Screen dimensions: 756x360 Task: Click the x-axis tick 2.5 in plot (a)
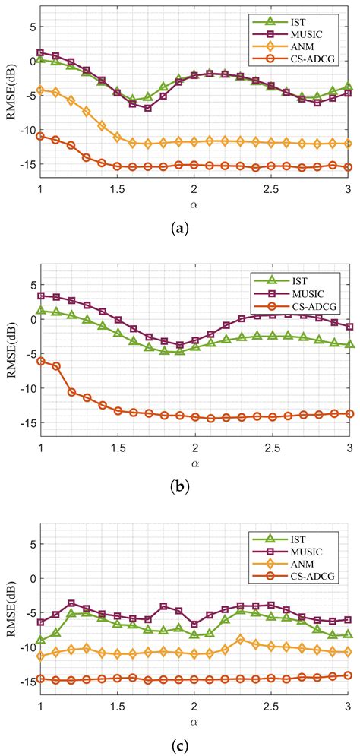pos(271,188)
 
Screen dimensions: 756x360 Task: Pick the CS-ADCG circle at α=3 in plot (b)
pos(349,413)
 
